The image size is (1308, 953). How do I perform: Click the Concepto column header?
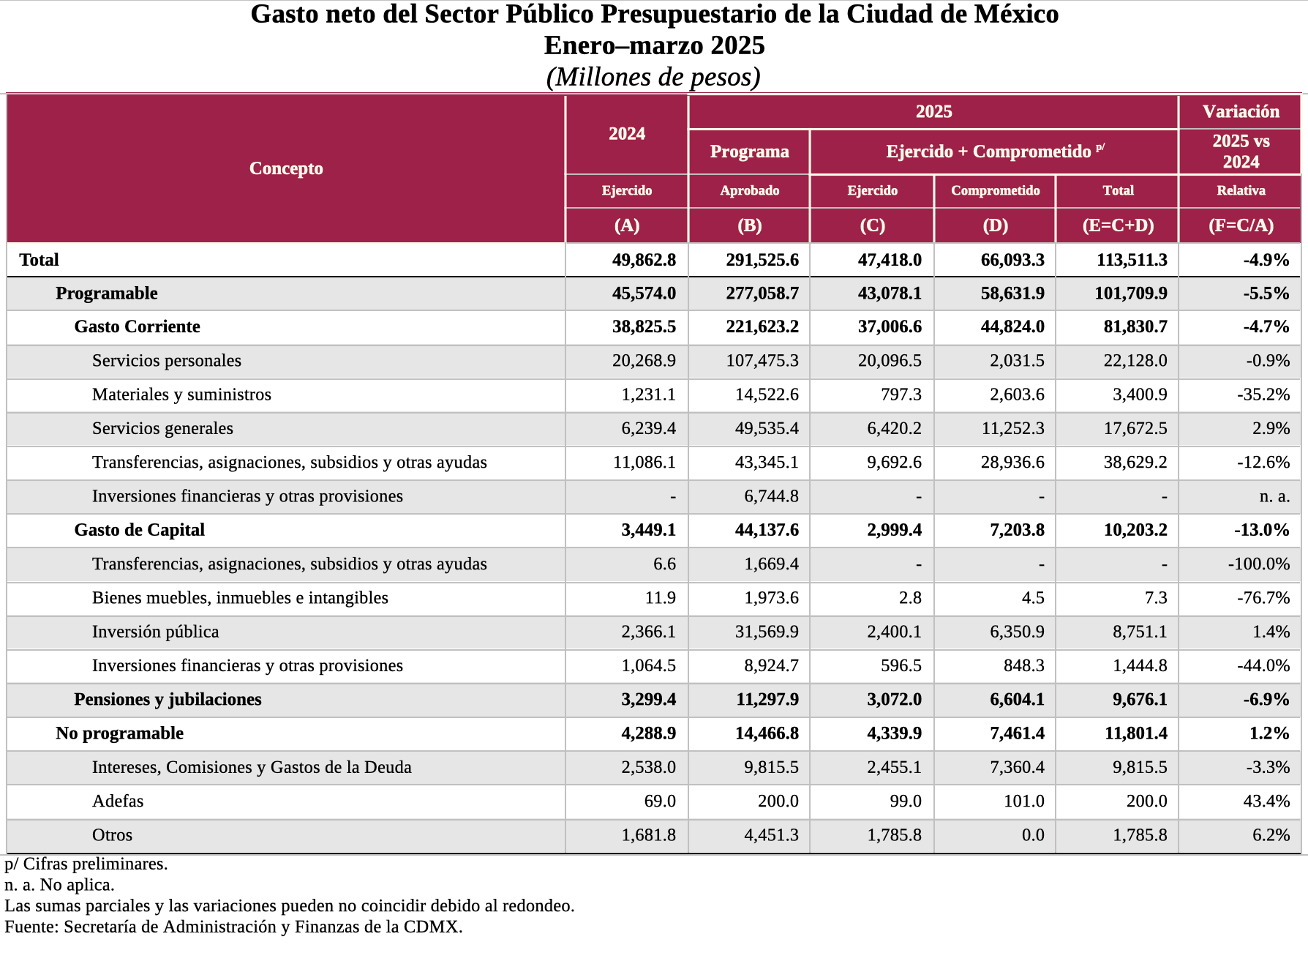pos(286,168)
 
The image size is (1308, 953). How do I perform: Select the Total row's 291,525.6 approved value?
pos(762,260)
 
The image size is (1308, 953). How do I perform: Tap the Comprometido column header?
pos(995,190)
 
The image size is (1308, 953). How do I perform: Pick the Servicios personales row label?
pos(166,361)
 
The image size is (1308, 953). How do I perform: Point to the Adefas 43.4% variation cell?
pos(1266,801)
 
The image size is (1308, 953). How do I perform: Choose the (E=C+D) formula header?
pos(1118,225)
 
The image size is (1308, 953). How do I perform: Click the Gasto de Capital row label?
pos(139,530)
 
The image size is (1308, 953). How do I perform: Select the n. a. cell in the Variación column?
pos(1274,496)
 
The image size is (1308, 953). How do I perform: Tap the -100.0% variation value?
pos(1258,564)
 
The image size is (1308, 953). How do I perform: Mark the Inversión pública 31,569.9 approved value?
pos(766,632)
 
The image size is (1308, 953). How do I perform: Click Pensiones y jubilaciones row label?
pos(168,700)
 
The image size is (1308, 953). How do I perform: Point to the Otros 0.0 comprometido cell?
pos(1032,835)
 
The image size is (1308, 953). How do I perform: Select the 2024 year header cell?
pos(627,134)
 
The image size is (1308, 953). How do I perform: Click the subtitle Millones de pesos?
pos(653,77)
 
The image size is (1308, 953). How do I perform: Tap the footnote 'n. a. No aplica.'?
pos(60,885)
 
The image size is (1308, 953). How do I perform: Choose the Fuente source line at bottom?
pos(233,927)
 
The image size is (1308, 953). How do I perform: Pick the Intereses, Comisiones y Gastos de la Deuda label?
pos(252,767)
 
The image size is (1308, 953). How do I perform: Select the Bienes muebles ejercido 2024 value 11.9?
pos(660,598)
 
